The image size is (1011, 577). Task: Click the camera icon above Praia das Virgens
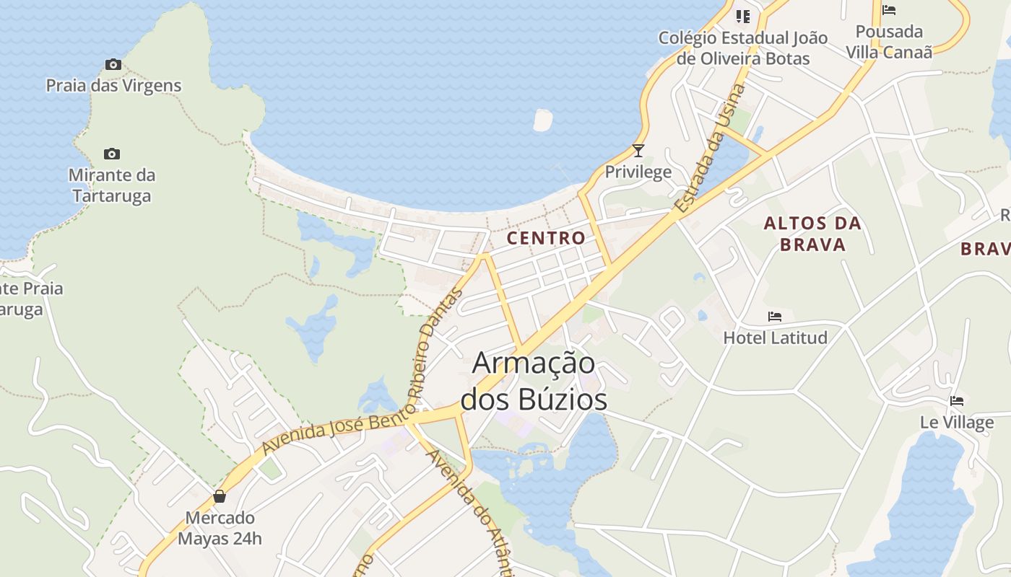pos(113,65)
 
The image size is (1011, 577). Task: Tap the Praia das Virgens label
pos(113,86)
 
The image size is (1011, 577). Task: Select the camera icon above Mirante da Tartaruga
pos(111,154)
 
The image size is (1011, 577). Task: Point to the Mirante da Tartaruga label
pos(112,185)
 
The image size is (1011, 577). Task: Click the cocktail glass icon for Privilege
pos(638,151)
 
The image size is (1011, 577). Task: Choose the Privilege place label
pos(638,172)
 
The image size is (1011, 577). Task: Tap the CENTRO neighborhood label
pos(546,238)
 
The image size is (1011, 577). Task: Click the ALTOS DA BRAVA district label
pos(812,234)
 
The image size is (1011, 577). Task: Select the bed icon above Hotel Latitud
pos(775,317)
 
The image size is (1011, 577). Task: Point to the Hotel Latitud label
pos(775,338)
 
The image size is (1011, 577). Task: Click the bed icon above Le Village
pos(957,401)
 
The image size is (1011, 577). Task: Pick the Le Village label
pos(957,422)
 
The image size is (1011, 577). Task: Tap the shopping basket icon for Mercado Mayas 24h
pos(220,497)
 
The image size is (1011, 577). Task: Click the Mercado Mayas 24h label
pos(220,528)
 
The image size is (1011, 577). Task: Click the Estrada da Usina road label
pos(710,148)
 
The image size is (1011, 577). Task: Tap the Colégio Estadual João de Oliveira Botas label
pos(743,48)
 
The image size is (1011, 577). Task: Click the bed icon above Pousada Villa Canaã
pos(889,10)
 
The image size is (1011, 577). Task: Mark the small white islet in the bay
pos(542,120)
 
